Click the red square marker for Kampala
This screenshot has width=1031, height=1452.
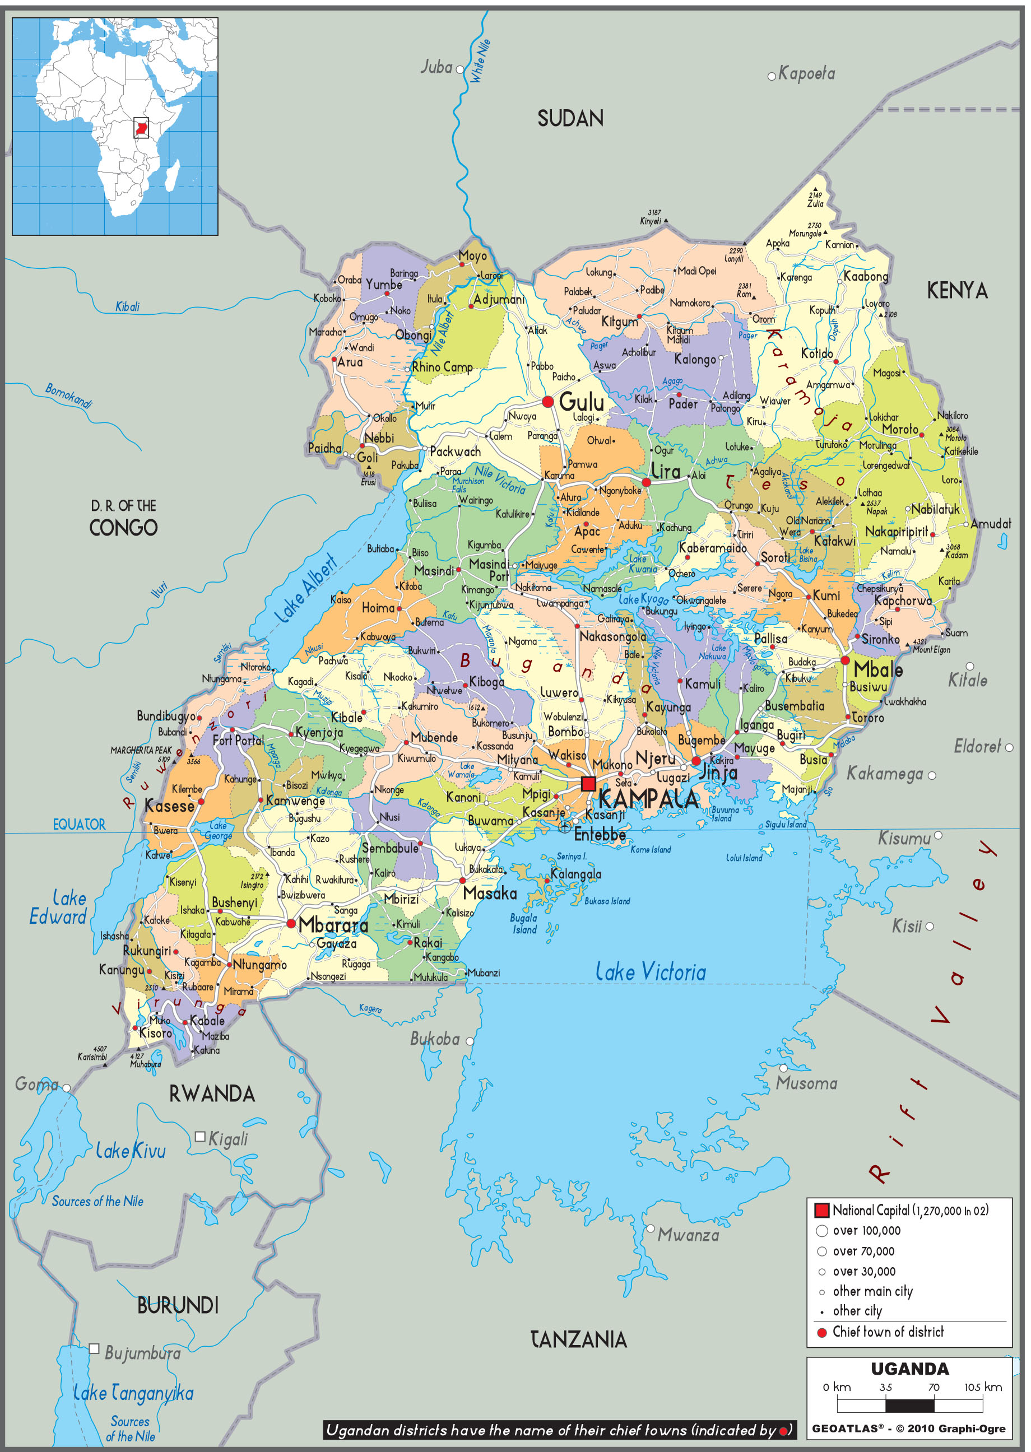coord(588,783)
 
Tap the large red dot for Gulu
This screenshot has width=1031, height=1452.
coord(548,402)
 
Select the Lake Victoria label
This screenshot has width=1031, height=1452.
coord(650,971)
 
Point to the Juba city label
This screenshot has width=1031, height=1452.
coord(437,67)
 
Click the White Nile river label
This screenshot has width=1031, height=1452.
coord(480,61)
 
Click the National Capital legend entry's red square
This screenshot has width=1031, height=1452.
coord(821,1210)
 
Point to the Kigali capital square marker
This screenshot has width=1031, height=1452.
coord(200,1137)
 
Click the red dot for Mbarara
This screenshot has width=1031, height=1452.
coord(291,923)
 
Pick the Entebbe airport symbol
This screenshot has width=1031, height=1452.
coord(564,826)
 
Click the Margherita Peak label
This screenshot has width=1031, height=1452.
coord(141,750)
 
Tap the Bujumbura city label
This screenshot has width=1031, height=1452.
coord(142,1353)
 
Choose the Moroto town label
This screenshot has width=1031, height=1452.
coord(899,429)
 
